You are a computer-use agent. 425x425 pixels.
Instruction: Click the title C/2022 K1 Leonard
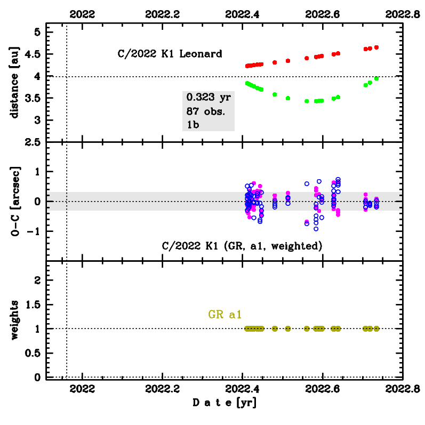pos(170,54)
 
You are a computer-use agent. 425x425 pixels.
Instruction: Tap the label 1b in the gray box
pos(193,125)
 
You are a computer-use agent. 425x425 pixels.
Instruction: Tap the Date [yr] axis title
pos(224,404)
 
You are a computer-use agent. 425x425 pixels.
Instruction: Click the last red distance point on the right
pos(376,47)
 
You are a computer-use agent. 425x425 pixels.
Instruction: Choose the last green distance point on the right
pos(376,78)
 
